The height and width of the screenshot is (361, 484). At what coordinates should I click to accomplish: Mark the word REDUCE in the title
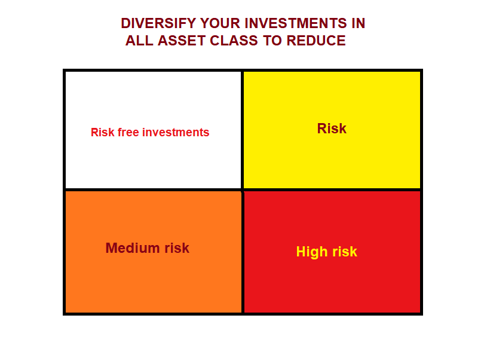316,41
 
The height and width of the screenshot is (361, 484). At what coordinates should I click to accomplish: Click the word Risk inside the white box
102,133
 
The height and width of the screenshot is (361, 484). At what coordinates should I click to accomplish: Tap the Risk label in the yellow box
332,129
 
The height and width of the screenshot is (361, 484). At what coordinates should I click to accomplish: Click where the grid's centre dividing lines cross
242,190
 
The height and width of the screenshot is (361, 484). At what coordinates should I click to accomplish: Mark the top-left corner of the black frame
65,71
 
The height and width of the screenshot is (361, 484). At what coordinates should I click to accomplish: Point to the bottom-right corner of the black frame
421,313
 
